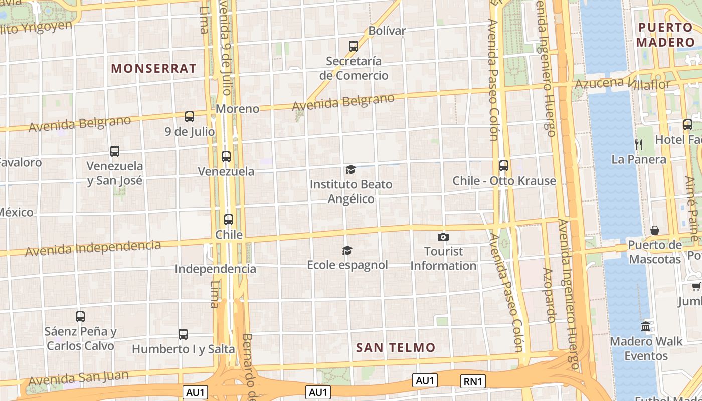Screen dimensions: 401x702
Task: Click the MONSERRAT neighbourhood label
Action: coord(153,68)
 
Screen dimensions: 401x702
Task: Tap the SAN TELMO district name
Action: coord(396,347)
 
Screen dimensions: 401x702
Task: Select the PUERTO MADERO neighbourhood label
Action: coord(665,34)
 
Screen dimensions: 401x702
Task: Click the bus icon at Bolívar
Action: coord(354,46)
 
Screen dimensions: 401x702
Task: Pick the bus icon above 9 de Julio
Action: coord(190,117)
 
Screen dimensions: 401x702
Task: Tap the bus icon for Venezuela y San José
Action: coord(115,151)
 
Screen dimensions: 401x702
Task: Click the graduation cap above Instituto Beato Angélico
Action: coord(350,170)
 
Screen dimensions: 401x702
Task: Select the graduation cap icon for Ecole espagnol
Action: coord(347,250)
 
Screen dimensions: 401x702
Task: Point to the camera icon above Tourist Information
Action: coord(443,237)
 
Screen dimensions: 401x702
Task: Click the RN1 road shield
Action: coord(473,381)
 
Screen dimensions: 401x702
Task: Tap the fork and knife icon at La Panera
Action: coord(639,145)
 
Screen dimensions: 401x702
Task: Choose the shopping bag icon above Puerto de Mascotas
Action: coord(655,230)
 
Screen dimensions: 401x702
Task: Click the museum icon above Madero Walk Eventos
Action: coord(646,326)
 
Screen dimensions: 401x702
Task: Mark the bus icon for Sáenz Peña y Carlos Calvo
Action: coord(80,316)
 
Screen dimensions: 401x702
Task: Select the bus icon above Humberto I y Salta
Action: coord(183,334)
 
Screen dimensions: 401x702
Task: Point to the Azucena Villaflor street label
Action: coord(622,83)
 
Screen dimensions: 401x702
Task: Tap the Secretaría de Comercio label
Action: coord(354,68)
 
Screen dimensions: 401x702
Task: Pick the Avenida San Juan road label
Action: coord(78,378)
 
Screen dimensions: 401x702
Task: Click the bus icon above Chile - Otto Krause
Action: coord(504,166)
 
